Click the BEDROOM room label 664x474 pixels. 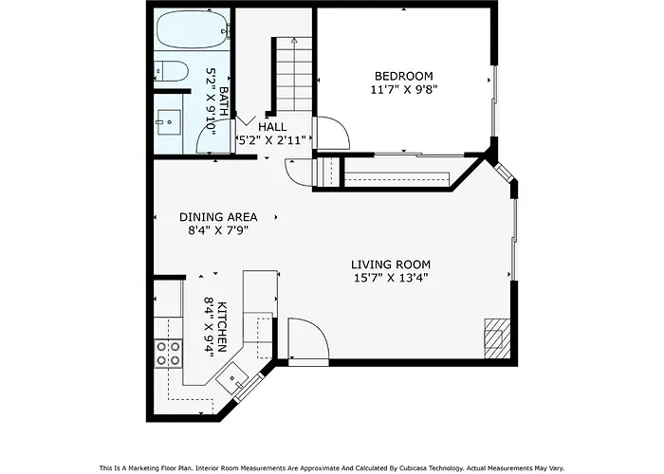point(403,76)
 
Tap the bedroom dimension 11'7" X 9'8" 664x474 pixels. point(403,90)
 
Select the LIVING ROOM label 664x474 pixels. point(391,264)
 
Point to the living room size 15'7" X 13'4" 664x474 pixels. point(391,278)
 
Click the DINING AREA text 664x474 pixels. point(218,217)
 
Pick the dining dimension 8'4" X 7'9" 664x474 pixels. point(218,230)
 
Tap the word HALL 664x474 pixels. point(272,126)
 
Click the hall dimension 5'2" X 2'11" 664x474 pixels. point(272,140)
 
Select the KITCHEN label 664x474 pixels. point(222,327)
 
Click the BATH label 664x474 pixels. point(224,101)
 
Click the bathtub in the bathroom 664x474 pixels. point(192,28)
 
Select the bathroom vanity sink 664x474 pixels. point(169,122)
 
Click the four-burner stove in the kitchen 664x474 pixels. point(168,354)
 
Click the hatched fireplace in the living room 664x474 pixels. point(497,338)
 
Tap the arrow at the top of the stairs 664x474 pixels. point(294,41)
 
